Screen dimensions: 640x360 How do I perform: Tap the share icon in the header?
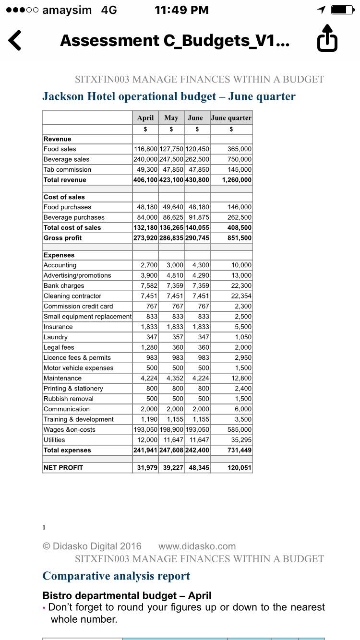[x=327, y=38]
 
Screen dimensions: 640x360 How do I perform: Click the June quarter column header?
[x=231, y=118]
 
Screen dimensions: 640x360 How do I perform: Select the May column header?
[x=171, y=118]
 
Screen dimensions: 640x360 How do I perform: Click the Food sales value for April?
[x=145, y=149]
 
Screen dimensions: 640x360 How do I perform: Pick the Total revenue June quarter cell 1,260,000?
[x=237, y=180]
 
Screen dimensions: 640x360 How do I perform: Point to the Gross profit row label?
[x=63, y=238]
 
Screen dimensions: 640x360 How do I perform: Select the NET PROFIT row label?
[x=63, y=468]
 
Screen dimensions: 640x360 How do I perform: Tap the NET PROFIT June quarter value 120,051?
[x=240, y=468]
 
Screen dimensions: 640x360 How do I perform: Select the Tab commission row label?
[x=67, y=170]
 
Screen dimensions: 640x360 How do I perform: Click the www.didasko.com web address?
[x=197, y=546]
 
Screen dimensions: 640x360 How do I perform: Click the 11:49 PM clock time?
[x=181, y=10]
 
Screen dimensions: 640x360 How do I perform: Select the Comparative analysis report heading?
[x=116, y=576]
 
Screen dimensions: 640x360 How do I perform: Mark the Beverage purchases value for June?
[x=199, y=217]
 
